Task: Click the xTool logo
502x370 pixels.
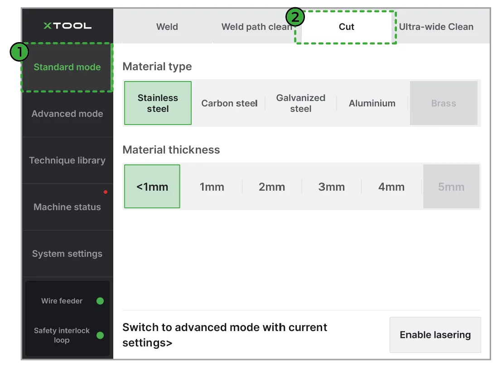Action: [x=68, y=26]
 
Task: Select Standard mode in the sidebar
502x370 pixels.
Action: [x=67, y=67]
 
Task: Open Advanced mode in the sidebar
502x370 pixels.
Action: [x=67, y=114]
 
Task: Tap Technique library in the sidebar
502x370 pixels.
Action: [x=67, y=160]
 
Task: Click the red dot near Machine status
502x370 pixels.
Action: [x=106, y=192]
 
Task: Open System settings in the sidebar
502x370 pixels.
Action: [x=67, y=254]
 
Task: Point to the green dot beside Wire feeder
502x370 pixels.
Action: [x=100, y=301]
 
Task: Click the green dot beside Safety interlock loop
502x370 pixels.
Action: [x=100, y=335]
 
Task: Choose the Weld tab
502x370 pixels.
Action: [x=167, y=27]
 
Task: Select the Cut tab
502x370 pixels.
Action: [x=346, y=27]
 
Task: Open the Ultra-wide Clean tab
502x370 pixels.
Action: [x=436, y=27]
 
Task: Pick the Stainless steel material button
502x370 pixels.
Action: [x=158, y=103]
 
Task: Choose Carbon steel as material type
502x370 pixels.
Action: [x=229, y=103]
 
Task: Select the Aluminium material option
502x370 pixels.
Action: [x=372, y=103]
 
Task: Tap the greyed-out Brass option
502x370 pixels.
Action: [x=444, y=103]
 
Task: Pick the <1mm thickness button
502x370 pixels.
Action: [x=152, y=186]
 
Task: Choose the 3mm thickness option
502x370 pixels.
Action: [x=331, y=186]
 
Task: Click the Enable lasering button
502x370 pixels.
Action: [x=435, y=335]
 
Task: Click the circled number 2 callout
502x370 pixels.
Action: [x=295, y=17]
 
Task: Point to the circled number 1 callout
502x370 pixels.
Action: [x=19, y=52]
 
